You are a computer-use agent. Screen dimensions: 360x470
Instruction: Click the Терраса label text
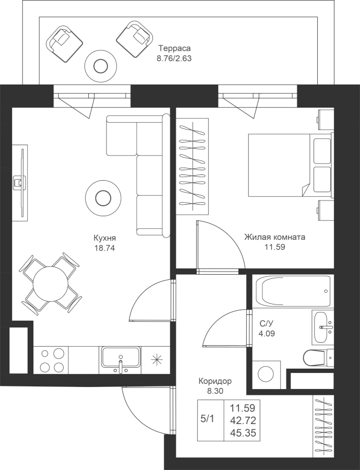pyautogui.click(x=175, y=48)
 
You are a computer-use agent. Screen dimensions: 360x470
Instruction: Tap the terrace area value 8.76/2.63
pyautogui.click(x=174, y=58)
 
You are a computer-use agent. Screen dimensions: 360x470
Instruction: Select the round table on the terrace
pyautogui.click(x=100, y=66)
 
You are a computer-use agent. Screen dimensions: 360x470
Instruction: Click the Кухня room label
pyautogui.click(x=105, y=238)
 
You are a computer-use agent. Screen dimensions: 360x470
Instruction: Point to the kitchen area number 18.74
pyautogui.click(x=105, y=248)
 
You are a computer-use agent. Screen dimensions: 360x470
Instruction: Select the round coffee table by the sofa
pyautogui.click(x=103, y=197)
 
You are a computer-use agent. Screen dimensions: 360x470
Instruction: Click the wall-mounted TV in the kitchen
pyautogui.click(x=20, y=183)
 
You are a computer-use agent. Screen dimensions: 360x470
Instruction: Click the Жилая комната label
pyautogui.click(x=274, y=237)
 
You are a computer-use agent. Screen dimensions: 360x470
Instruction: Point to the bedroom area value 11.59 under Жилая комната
pyautogui.click(x=274, y=248)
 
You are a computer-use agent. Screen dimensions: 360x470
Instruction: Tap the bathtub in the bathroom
pyautogui.click(x=293, y=291)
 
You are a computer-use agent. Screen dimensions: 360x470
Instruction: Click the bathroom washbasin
pyautogui.click(x=322, y=327)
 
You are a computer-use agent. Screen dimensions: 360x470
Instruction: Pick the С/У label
pyautogui.click(x=267, y=323)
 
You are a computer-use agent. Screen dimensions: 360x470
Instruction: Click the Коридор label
pyautogui.click(x=215, y=381)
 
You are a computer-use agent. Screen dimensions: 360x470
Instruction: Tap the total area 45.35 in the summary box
pyautogui.click(x=243, y=433)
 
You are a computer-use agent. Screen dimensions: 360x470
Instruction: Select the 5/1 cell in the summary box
pyautogui.click(x=207, y=419)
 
